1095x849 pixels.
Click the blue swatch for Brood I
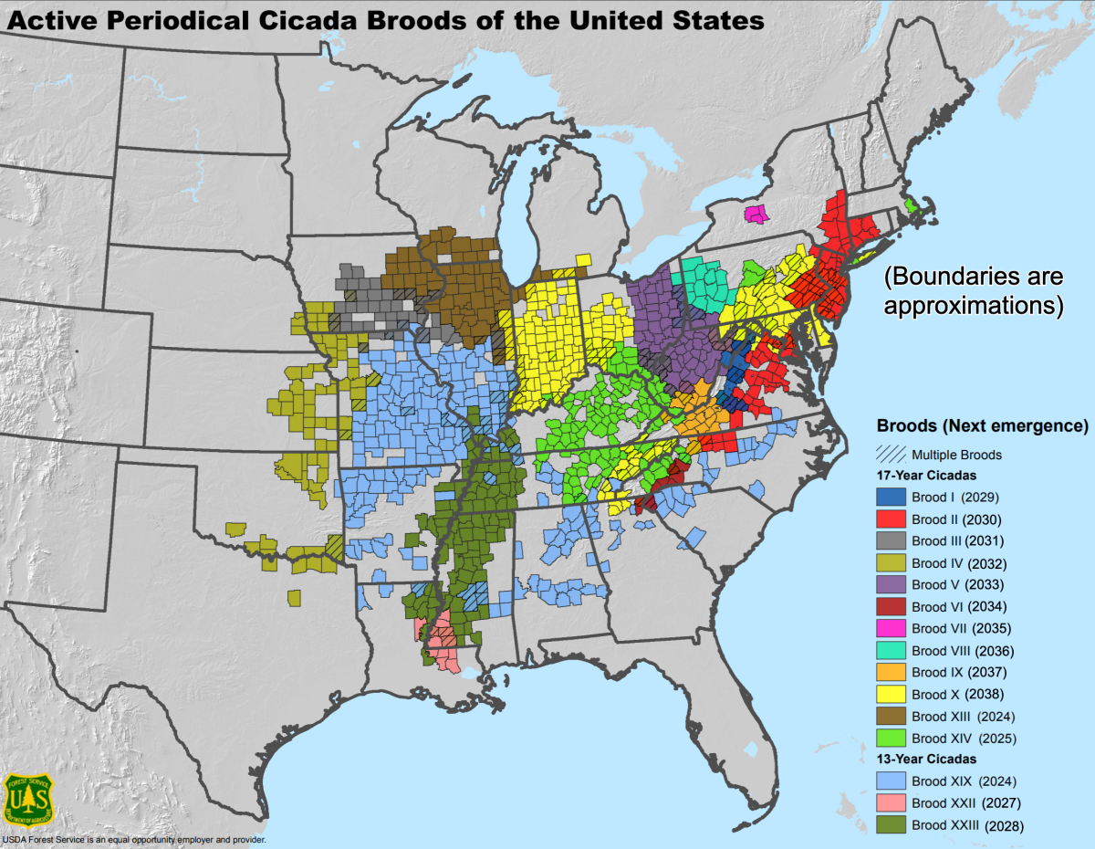point(890,498)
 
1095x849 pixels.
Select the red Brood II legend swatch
point(890,519)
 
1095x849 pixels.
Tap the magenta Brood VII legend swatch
point(890,629)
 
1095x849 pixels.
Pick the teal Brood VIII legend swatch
point(890,651)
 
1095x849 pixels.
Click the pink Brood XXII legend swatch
point(890,803)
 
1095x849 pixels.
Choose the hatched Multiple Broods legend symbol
point(890,454)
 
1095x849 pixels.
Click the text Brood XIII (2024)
point(963,717)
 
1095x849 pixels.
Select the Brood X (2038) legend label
point(957,695)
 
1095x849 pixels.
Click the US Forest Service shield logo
point(29,799)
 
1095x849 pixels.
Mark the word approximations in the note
point(973,305)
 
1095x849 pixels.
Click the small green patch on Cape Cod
point(912,205)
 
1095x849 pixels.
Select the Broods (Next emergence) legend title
point(982,426)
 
